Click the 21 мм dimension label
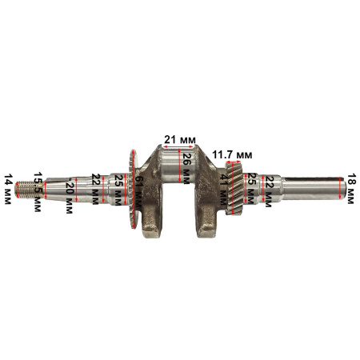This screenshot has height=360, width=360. [x=180, y=139]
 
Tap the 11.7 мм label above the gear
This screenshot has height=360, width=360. [x=232, y=154]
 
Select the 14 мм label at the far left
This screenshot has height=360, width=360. [x=8, y=190]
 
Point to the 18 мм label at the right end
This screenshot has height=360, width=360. [x=350, y=189]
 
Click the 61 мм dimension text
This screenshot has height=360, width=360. [x=138, y=192]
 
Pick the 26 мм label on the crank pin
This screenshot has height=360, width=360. [x=186, y=169]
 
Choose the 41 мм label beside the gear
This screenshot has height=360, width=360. [x=223, y=190]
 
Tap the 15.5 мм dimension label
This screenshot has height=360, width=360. [x=38, y=192]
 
